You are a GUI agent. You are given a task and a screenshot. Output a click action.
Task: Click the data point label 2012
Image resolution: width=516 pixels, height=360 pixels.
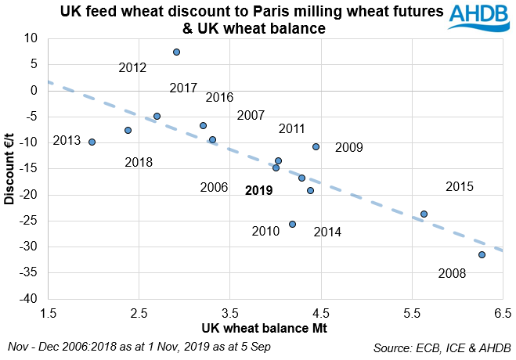132,68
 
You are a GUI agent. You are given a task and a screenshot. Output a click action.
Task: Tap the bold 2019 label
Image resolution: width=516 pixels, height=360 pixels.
258,190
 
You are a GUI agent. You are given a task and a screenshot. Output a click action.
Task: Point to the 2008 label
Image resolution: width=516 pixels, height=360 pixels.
453,274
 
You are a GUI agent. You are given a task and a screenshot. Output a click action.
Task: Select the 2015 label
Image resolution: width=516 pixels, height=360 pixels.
460,187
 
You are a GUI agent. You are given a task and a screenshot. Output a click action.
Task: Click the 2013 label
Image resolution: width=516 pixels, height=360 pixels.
67,141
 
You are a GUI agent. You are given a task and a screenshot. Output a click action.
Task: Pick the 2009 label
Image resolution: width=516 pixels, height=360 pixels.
349,147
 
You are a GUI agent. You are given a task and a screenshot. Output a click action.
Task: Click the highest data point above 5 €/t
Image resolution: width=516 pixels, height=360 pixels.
177,52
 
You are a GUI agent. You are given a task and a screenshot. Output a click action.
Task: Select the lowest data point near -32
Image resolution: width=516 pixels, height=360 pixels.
482,254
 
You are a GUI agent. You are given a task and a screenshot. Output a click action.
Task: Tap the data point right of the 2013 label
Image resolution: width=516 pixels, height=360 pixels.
92,142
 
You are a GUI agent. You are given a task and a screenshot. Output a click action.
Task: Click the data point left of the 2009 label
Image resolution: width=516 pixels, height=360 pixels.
316,146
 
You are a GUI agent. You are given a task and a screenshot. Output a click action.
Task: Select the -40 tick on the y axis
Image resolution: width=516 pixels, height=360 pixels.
28,299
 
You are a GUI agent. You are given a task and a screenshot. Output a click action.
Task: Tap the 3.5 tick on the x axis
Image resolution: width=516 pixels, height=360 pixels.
229,314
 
